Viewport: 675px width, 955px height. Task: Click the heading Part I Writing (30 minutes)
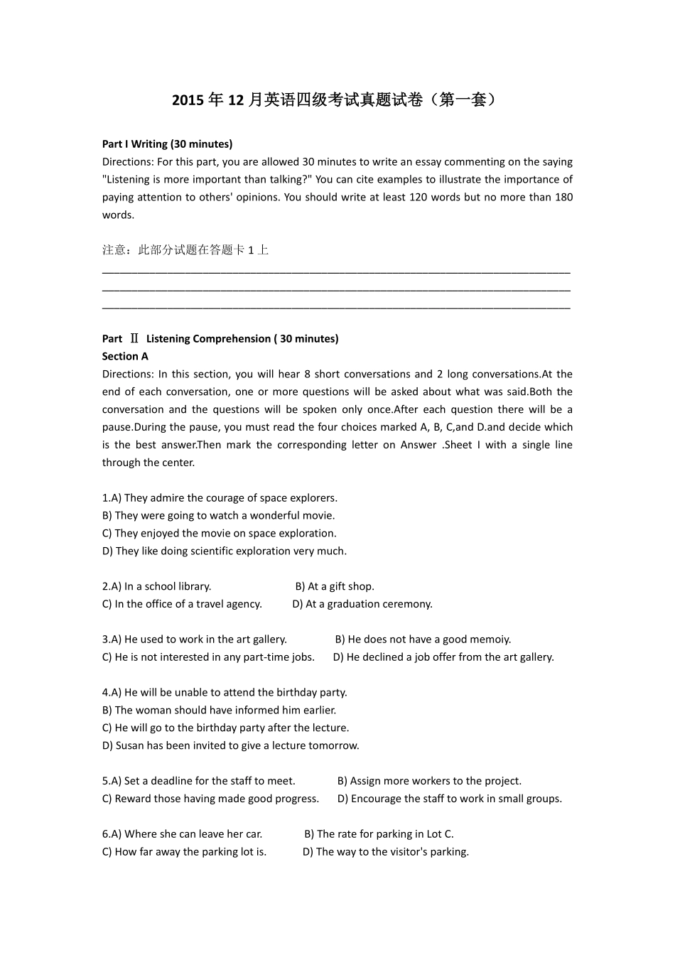[x=167, y=144]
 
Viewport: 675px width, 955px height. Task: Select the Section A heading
[x=125, y=357]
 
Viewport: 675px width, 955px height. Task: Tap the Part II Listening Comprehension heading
[x=220, y=339]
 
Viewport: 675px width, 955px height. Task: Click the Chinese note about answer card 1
[x=185, y=250]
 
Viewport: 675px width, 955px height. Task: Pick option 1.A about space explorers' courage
[x=220, y=498]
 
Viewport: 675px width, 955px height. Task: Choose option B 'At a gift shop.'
[x=335, y=587]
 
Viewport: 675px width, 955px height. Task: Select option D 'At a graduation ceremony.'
[x=362, y=605]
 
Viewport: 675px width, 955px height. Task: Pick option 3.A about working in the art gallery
[x=195, y=640]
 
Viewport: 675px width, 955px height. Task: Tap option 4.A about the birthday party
[x=225, y=693]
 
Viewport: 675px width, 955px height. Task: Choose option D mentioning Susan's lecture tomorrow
[x=231, y=746]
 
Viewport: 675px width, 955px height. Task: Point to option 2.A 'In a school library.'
[x=157, y=587]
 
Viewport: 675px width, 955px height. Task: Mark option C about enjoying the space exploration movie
[x=220, y=534]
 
